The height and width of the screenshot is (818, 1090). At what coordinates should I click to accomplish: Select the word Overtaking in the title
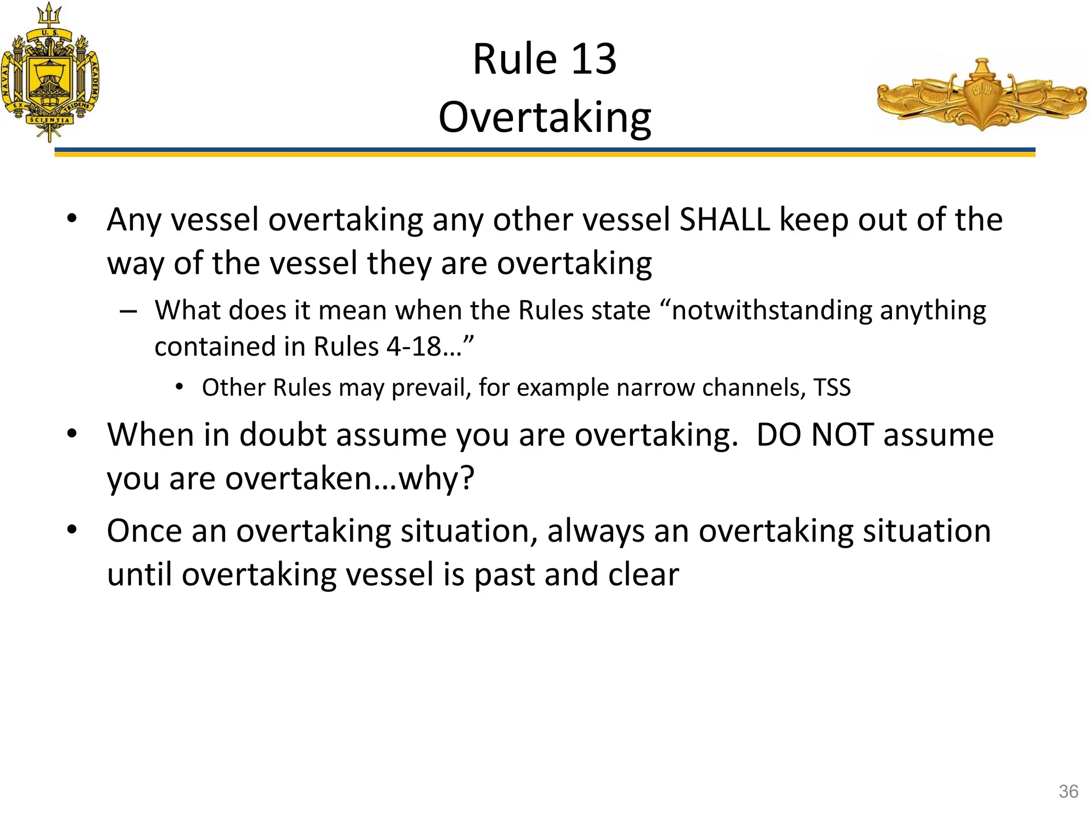pos(544,118)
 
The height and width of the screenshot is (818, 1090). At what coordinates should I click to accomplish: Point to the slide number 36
pos(1068,791)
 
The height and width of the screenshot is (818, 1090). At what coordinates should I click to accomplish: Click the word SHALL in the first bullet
pos(725,219)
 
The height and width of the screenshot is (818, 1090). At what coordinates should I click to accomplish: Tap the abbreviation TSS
pos(832,387)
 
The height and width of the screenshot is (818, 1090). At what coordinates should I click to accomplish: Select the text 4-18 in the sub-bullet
pos(414,347)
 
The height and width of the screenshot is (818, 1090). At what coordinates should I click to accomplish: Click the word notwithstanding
pos(772,310)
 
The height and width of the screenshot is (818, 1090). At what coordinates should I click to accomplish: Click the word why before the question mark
pos(432,478)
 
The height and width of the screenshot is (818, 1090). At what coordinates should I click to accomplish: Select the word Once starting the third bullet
pos(144,531)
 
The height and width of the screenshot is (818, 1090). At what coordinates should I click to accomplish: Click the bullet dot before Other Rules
pos(179,387)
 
